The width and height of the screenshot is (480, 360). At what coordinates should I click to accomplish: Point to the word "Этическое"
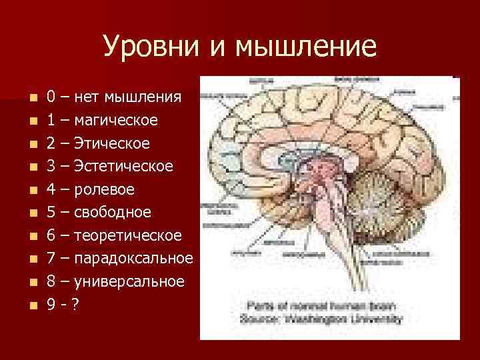(111, 143)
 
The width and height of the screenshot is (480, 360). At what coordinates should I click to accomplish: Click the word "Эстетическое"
(123, 167)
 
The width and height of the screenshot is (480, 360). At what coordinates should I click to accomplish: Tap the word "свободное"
(113, 213)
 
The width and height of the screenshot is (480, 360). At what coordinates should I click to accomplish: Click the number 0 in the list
(51, 98)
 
